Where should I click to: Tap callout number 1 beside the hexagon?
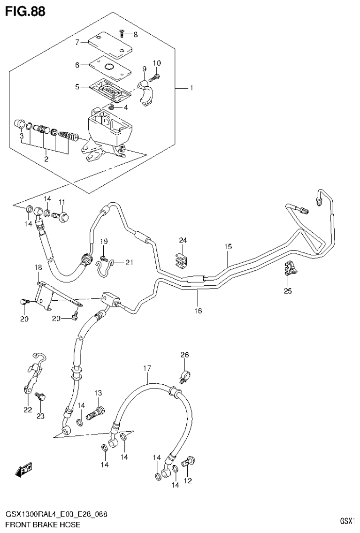pos(191,88)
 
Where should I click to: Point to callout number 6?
pos(77,65)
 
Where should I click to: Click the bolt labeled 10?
pos(156,75)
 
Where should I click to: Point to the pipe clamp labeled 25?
pos(291,271)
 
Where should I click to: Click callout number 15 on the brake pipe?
pos(228,246)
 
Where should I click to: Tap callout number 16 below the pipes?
pos(198,311)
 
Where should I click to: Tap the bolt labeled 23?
pos(39,397)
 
